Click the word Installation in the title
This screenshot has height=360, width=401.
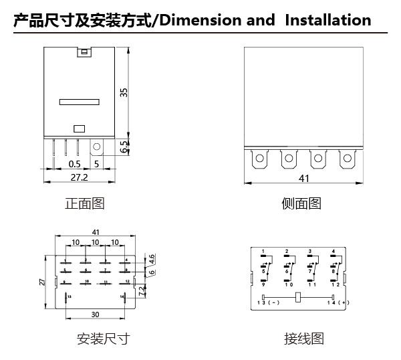(327, 20)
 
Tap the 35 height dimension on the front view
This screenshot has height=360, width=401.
(123, 92)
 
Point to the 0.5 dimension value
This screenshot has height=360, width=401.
(74, 163)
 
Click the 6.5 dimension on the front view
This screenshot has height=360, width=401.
(124, 147)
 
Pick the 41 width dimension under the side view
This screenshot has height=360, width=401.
(304, 178)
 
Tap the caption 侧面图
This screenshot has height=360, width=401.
(301, 203)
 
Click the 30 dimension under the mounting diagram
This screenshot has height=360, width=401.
(95, 314)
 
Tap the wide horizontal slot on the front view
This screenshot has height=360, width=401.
(78, 102)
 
